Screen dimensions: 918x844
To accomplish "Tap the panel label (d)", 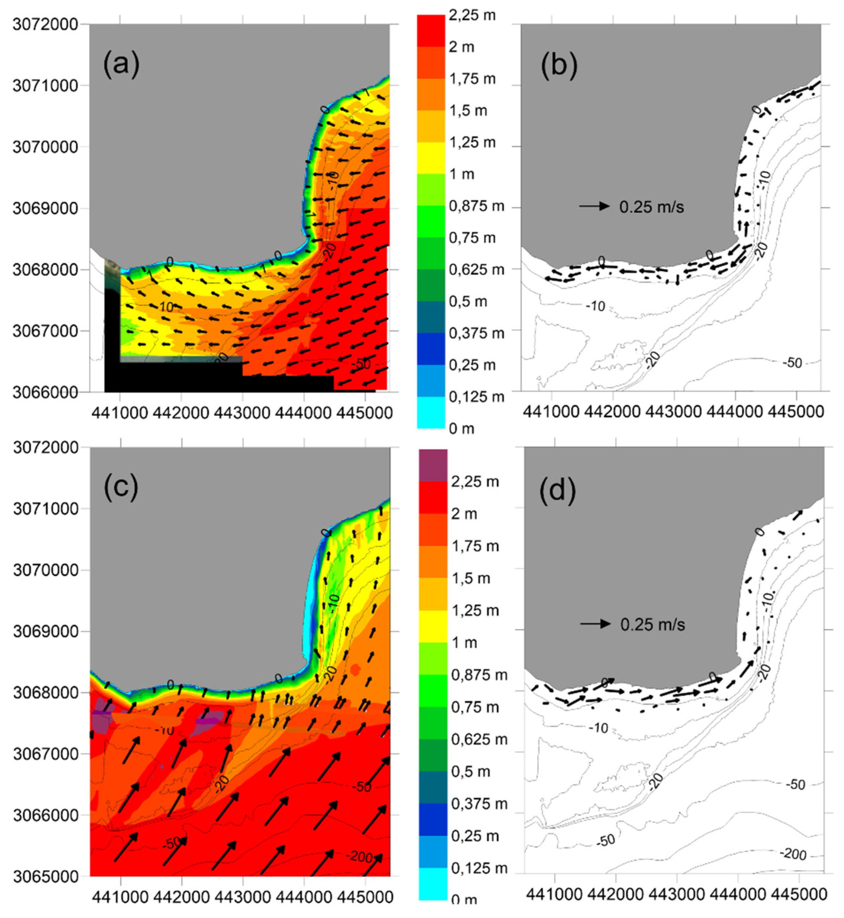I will pyautogui.click(x=557, y=490).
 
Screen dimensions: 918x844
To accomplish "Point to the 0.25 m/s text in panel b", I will pyautogui.click(x=651, y=207).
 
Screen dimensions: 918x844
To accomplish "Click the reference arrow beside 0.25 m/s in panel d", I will pyautogui.click(x=595, y=624).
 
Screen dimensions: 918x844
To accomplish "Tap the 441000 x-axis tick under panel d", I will pyautogui.click(x=554, y=894).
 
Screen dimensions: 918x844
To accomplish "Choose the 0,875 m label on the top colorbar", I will pyautogui.click(x=476, y=207).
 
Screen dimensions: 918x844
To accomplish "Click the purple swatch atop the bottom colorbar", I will pyautogui.click(x=433, y=465).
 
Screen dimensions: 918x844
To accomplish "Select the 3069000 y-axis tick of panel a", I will pyautogui.click(x=45, y=208).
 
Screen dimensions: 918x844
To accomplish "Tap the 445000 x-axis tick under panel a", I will pyautogui.click(x=364, y=413).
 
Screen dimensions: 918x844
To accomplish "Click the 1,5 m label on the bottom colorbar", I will pyautogui.click(x=471, y=578).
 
